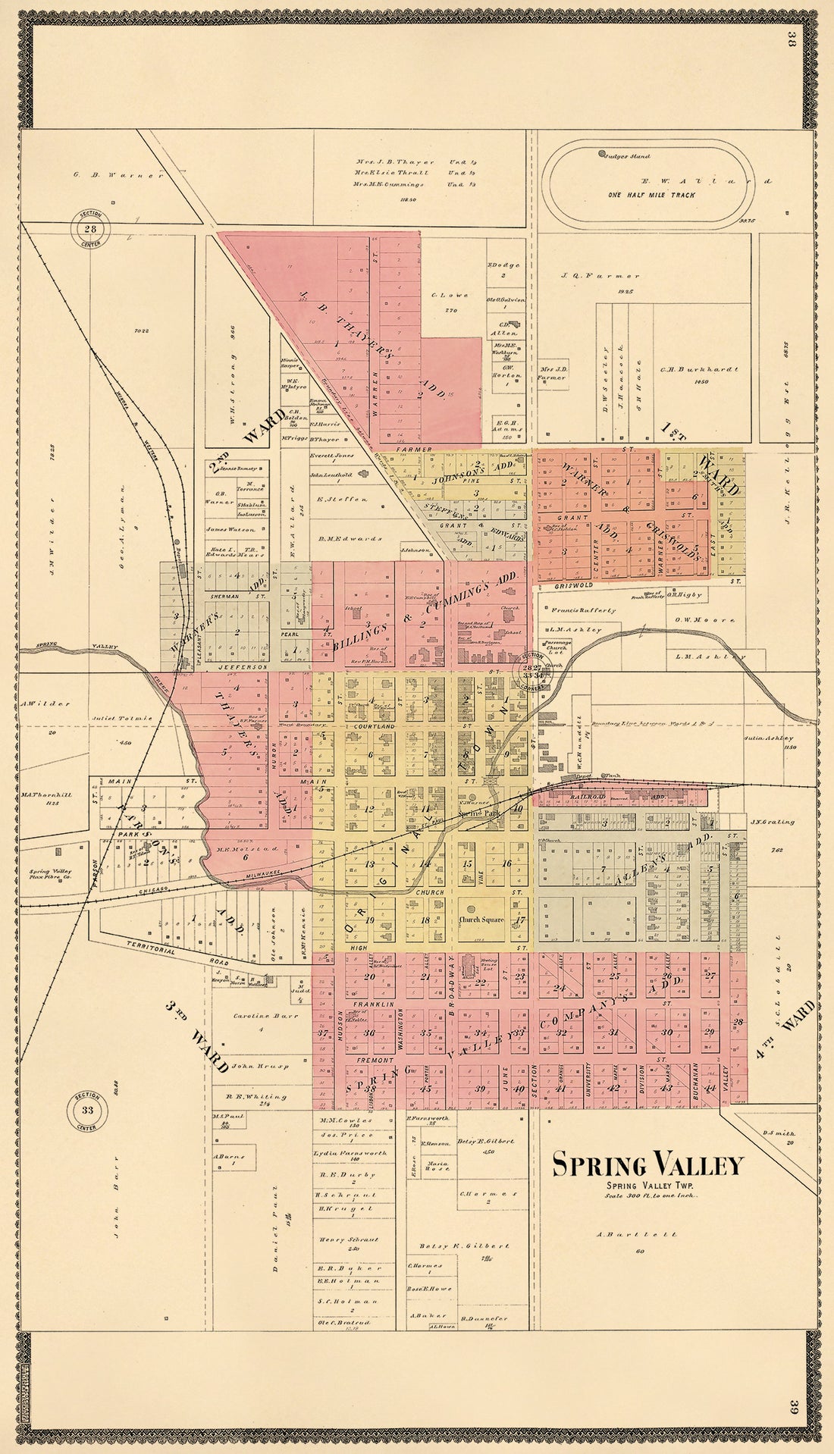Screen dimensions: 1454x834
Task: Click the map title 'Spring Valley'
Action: point(647,1164)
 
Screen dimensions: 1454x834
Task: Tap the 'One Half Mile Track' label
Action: point(651,195)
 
